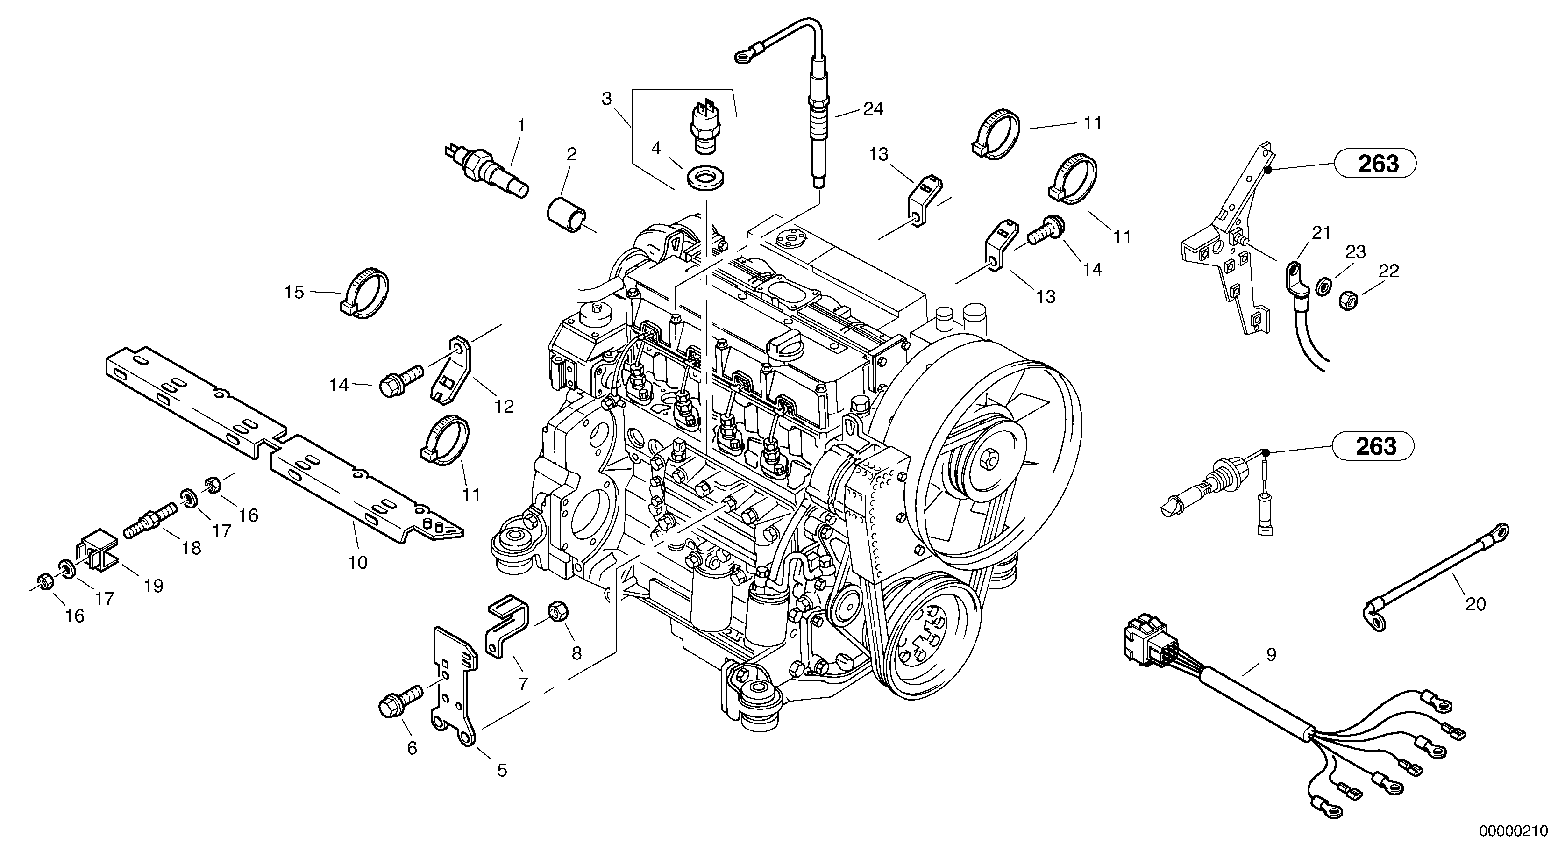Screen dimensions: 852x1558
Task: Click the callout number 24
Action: [873, 109]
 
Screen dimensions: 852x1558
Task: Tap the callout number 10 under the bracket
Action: [357, 563]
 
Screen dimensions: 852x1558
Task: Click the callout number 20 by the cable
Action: [1475, 604]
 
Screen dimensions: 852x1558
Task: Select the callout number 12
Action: [504, 407]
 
